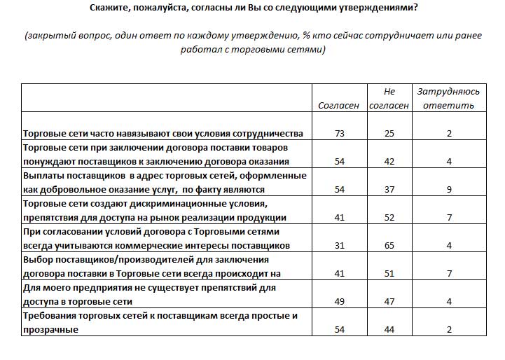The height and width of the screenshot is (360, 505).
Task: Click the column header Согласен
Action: point(339,105)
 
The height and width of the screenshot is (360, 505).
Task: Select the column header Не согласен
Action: point(389,99)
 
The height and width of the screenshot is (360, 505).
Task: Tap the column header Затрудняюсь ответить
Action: point(449,99)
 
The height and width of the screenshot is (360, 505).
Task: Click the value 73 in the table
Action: point(340,133)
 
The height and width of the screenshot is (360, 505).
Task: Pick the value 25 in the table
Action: point(389,133)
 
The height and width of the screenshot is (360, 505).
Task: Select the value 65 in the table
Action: point(389,245)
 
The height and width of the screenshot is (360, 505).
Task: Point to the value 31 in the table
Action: point(340,245)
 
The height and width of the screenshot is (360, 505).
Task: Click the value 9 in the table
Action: point(449,189)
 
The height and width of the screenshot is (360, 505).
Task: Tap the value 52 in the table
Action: point(389,217)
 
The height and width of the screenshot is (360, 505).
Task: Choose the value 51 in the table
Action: point(389,273)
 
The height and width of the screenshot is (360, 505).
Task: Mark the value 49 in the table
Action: point(340,301)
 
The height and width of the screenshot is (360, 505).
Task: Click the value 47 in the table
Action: point(389,301)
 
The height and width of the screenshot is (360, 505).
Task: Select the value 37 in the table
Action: point(389,189)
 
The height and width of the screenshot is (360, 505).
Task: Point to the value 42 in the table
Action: point(389,161)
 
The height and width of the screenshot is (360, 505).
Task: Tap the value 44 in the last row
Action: point(389,329)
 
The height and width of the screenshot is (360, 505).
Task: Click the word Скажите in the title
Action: point(113,8)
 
